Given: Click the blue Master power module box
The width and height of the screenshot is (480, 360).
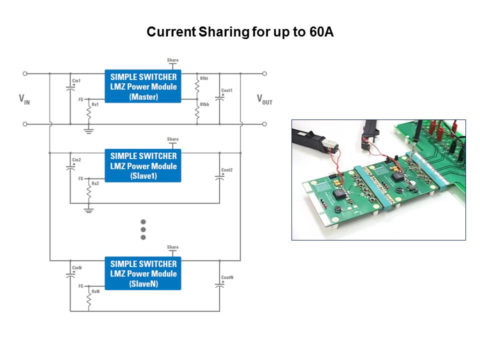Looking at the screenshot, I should click(143, 86).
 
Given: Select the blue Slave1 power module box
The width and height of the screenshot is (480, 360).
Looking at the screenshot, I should click(143, 165).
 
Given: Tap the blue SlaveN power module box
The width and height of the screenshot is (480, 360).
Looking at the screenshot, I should click(143, 273).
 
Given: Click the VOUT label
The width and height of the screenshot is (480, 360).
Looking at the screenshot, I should click(264, 99).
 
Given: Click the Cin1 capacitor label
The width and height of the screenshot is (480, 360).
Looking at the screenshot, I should click(76, 80).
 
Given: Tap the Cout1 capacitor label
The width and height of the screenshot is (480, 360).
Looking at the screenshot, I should click(227, 90).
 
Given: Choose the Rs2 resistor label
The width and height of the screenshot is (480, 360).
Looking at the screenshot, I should click(95, 183).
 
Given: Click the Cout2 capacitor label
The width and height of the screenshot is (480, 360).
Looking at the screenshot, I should click(227, 170).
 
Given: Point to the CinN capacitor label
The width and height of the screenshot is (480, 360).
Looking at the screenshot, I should click(76, 267).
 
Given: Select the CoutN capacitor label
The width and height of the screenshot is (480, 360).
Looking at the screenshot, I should click(227, 277).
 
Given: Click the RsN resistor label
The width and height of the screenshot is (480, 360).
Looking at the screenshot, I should click(95, 291).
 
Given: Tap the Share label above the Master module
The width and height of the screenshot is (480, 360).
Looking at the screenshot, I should click(172, 60).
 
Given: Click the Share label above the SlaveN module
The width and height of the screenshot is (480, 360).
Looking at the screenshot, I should click(172, 247).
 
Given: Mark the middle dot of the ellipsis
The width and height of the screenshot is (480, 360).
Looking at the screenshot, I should click(143, 229).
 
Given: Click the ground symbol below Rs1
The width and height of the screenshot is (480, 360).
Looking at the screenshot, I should click(89, 131).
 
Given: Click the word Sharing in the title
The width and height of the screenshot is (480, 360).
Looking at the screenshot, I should click(223, 32).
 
